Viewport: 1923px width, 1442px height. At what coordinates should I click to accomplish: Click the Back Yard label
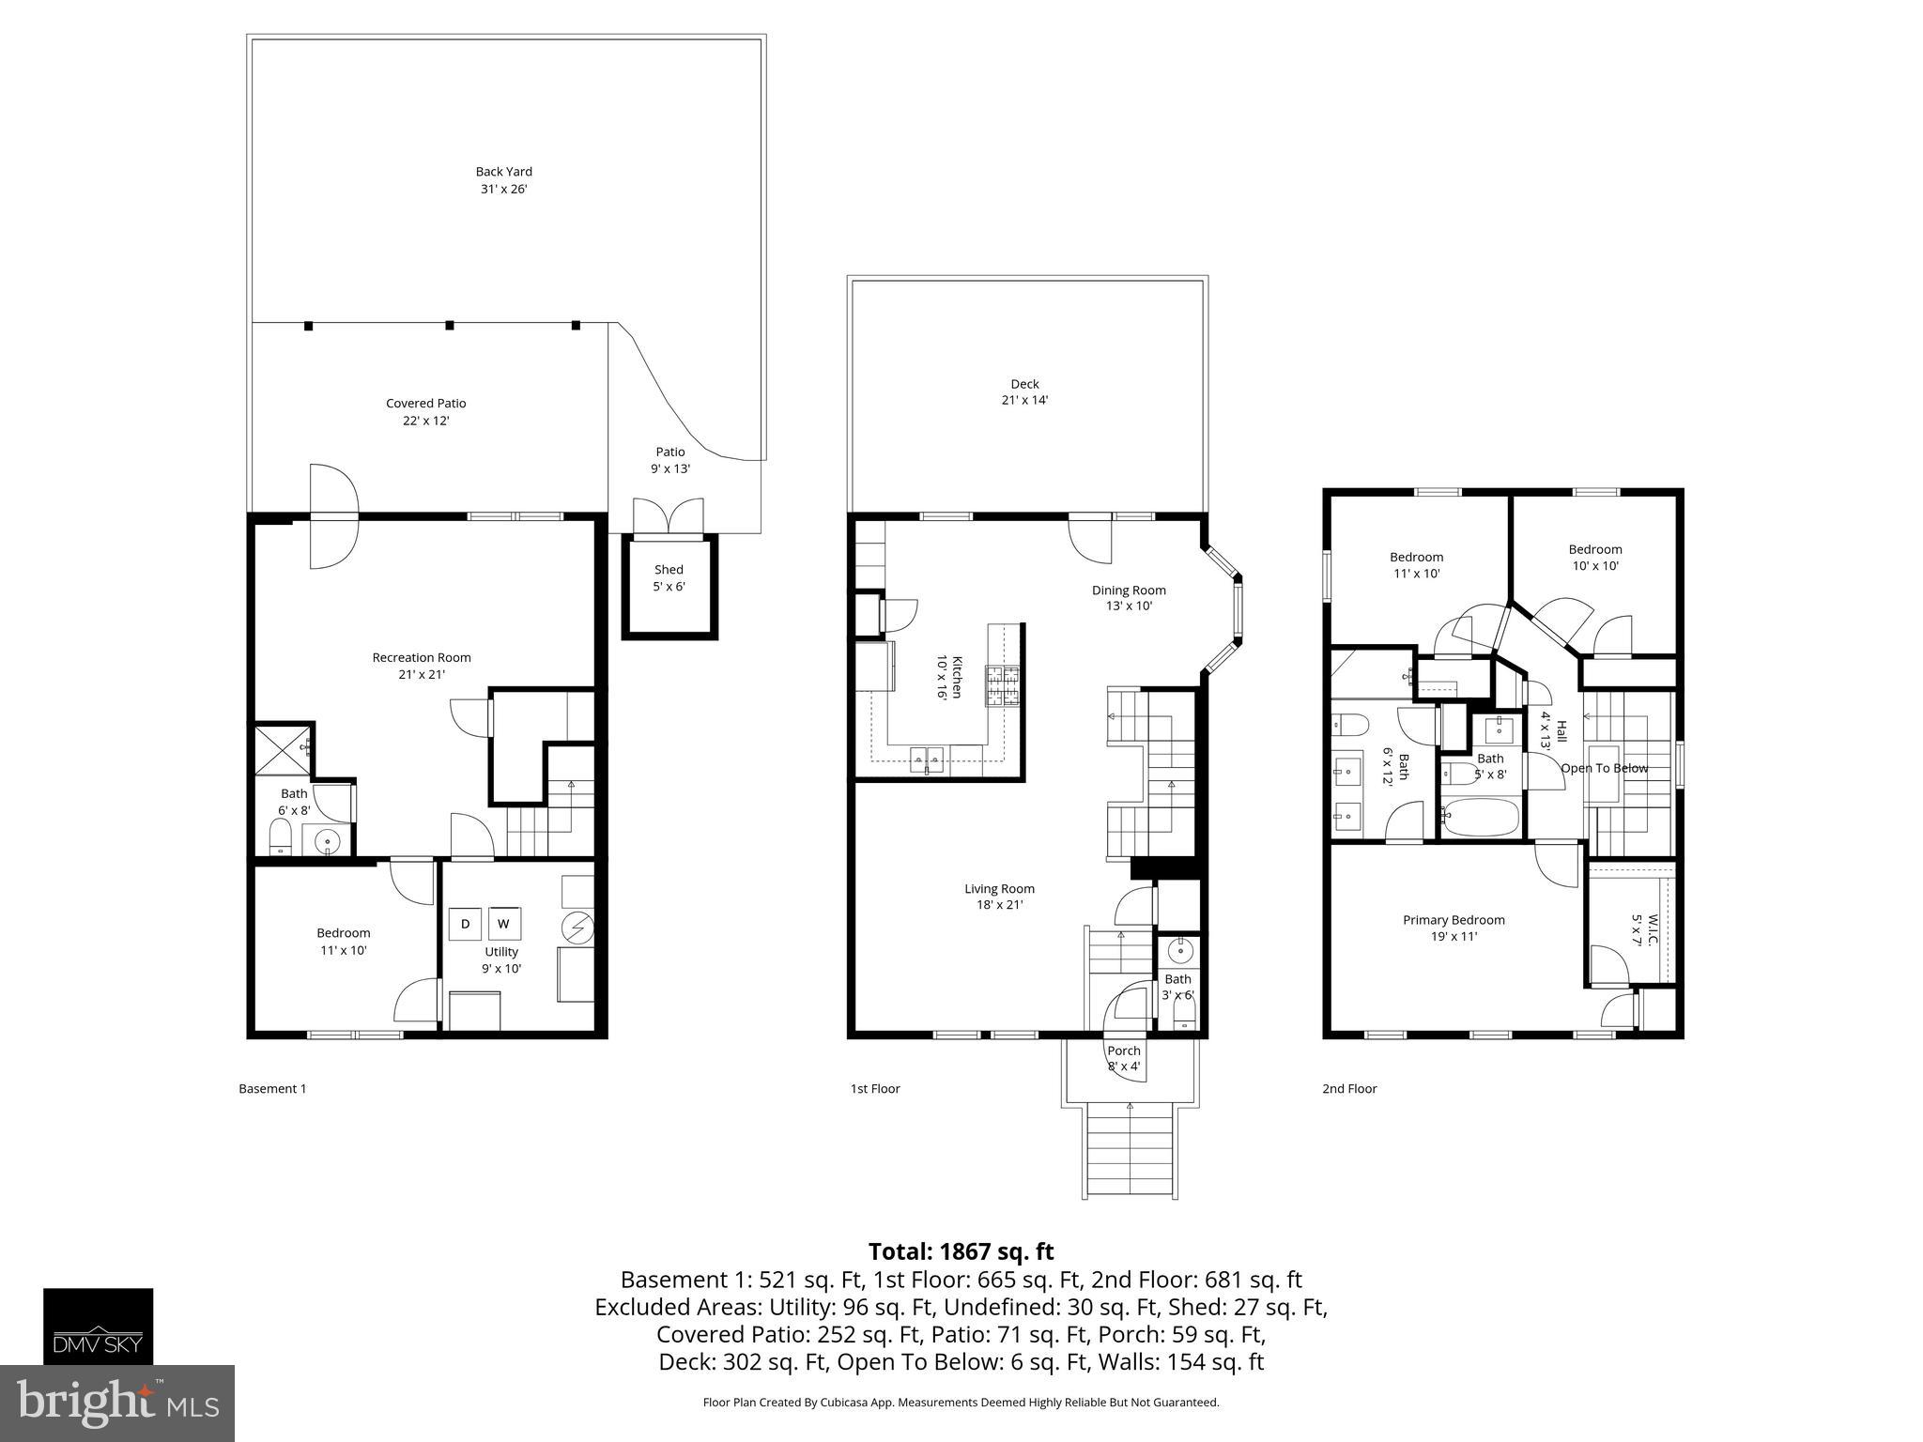pos(503,179)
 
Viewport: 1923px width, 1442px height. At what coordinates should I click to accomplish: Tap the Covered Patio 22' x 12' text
pos(425,411)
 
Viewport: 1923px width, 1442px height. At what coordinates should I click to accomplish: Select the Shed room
pos(669,578)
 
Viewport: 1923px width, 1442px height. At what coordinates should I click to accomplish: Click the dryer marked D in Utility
pos(465,924)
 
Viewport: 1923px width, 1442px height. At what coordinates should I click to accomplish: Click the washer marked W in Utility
pos(503,924)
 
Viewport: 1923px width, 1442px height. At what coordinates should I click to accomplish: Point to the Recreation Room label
pos(422,665)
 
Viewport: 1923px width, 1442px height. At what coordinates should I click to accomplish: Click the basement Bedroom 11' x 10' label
pos(343,941)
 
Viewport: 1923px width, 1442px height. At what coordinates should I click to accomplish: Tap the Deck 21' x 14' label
pos(1024,391)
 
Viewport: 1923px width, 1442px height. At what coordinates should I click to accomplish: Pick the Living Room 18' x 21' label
pos(999,897)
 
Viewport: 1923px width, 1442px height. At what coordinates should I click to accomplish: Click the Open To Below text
pos(1604,768)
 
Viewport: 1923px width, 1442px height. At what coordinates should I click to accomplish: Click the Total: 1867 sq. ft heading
pos(961,1251)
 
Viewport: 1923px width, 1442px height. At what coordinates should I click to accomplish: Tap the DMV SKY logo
pos(98,1326)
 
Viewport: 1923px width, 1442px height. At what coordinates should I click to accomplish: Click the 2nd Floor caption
pos(1349,1089)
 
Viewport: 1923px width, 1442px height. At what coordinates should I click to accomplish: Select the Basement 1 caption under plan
pos(272,1089)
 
